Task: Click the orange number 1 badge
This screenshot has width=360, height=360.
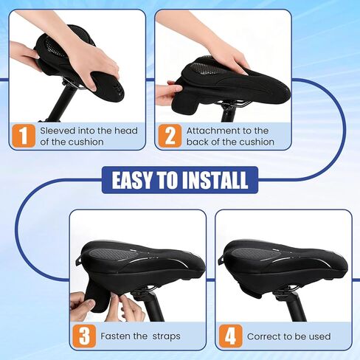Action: point(24,136)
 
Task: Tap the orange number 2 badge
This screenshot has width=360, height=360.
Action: point(170,136)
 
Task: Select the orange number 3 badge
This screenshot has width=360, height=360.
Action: point(86,336)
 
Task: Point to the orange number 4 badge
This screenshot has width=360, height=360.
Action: point(230,336)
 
